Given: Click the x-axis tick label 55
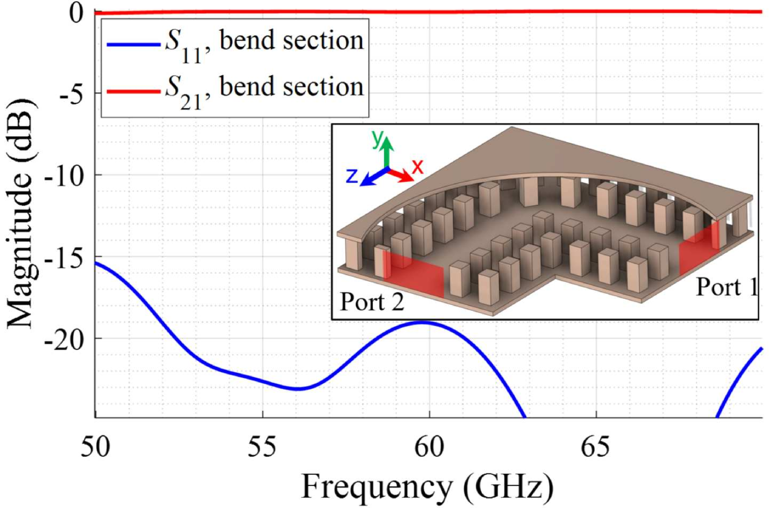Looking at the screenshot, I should [262, 447].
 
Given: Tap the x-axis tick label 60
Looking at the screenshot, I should [429, 447].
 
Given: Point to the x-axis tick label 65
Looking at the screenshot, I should [595, 447].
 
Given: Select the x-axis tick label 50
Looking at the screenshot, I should [96, 447].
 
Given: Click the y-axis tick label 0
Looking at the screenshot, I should [77, 13].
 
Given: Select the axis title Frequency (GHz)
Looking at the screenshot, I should [428, 487].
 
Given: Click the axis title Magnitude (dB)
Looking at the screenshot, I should [20, 215].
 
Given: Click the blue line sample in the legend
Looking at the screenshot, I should [133, 45].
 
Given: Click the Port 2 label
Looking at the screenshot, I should [372, 302].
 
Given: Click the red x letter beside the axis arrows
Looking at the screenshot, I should [417, 167].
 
